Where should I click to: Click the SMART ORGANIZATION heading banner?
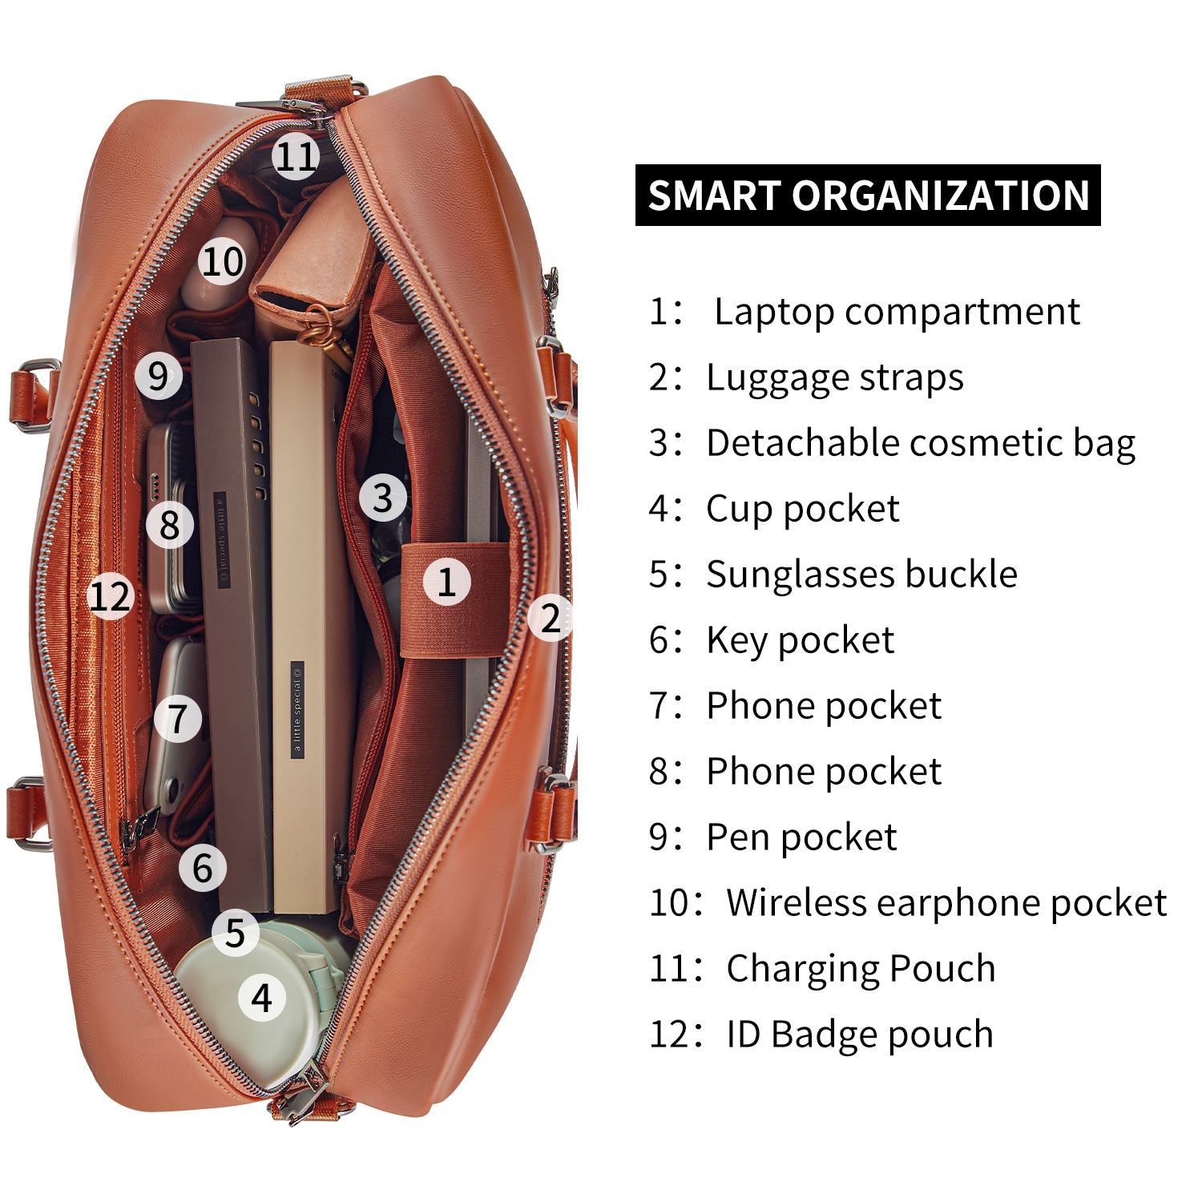click(x=868, y=196)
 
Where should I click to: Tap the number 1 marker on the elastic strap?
click(x=446, y=581)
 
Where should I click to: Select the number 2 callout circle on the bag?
click(x=550, y=617)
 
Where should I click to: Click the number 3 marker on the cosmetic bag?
click(x=382, y=498)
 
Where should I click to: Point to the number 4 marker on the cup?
click(x=262, y=998)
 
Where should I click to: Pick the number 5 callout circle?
click(x=235, y=932)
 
